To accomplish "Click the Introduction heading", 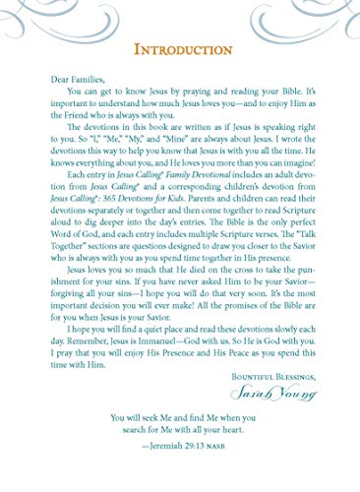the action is (x=179, y=47).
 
